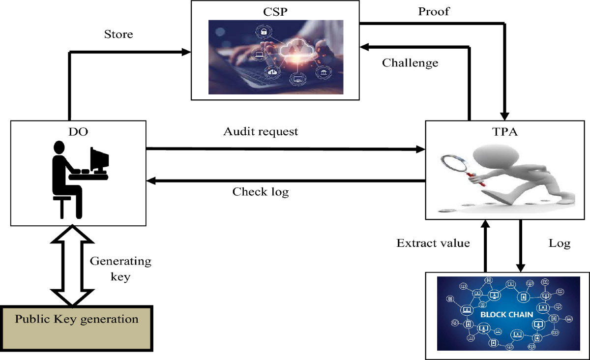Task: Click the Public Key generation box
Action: [77, 320]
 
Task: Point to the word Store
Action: [118, 35]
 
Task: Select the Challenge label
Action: [410, 63]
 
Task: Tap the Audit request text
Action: [261, 132]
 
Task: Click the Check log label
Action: [261, 192]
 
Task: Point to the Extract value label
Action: [433, 243]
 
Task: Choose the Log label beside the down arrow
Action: [560, 243]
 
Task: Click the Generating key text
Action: [120, 269]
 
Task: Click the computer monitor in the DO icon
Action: [100, 156]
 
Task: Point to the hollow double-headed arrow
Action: [72, 266]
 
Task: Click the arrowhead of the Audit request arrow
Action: [420, 149]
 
